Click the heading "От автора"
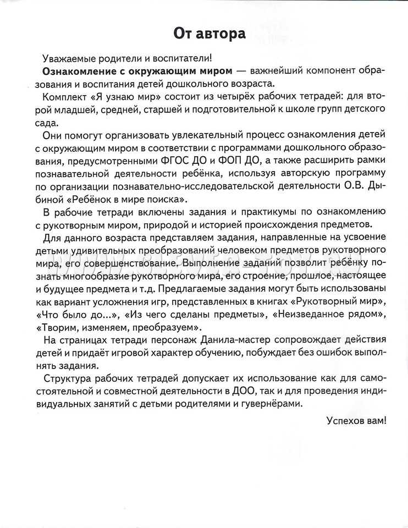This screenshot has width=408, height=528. click(209, 34)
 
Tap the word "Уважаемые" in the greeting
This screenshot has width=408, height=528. click(66, 58)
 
